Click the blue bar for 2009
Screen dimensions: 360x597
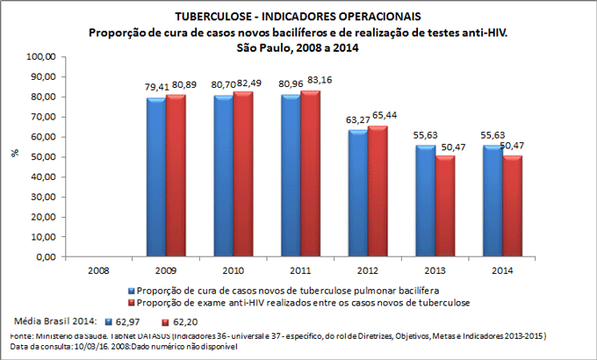pos(155,178)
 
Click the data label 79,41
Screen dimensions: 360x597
pos(156,88)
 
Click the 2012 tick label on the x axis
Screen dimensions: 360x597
pos(367,269)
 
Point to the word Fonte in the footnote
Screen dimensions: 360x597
pos(16,336)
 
